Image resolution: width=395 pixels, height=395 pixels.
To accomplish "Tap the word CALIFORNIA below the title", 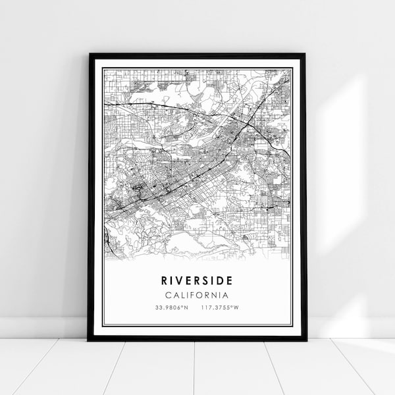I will [197, 295].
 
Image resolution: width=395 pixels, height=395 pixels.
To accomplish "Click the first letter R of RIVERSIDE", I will [165, 280].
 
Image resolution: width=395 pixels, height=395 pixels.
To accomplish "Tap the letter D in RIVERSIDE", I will [221, 280].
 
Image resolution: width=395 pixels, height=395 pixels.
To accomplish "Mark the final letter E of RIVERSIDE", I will [230, 280].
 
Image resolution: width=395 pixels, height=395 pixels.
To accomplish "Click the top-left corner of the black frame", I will [88, 54].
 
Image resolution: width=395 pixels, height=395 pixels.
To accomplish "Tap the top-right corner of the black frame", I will [306, 54].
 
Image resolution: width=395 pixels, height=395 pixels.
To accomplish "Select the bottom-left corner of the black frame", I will [88, 340].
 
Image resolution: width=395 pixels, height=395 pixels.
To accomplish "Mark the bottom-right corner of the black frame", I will [306, 340].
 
